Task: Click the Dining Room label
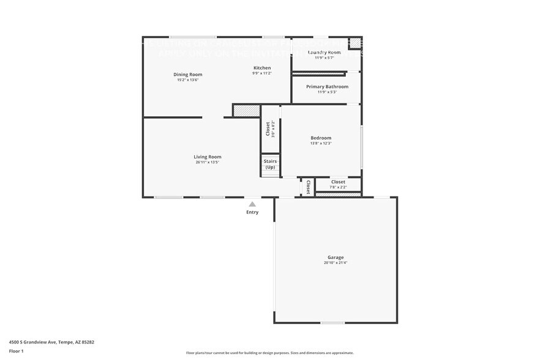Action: tap(187, 75)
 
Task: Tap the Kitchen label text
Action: tap(262, 68)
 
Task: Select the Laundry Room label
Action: tap(324, 53)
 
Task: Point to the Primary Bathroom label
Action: tap(327, 87)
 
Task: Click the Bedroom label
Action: tap(321, 138)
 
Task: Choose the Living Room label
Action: tap(208, 157)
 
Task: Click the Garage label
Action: tap(336, 257)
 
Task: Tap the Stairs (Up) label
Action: tap(270, 164)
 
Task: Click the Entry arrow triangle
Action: tap(252, 204)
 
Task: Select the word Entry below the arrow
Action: tap(252, 212)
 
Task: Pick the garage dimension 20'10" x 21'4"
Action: tap(336, 263)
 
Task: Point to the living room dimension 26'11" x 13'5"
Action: tap(208, 162)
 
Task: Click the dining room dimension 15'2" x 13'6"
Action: tap(187, 80)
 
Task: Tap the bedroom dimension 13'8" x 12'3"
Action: tap(321, 143)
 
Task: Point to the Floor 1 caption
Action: tap(17, 351)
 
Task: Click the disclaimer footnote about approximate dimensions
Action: tap(269, 353)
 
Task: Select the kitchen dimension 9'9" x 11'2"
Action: tap(262, 73)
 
